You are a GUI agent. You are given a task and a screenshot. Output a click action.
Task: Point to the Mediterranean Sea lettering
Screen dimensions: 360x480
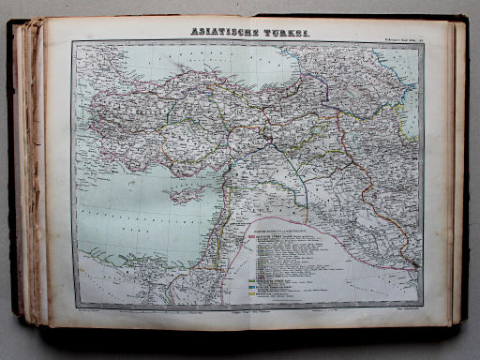coord(131,225)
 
